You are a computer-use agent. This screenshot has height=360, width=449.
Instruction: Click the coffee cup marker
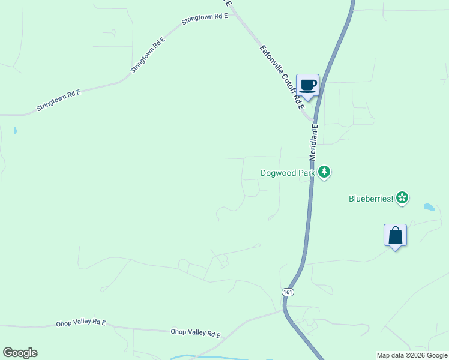tap(307, 86)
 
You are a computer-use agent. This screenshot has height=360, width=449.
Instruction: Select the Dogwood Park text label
tap(288, 173)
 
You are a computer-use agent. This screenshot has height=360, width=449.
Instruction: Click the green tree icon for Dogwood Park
tap(324, 173)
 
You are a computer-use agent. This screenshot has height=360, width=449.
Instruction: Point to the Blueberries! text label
tap(371, 198)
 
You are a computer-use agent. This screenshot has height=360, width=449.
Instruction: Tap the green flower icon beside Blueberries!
tap(402, 198)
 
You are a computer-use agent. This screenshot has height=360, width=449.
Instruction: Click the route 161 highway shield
tap(288, 292)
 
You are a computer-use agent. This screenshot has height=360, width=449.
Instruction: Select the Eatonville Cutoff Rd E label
tap(282, 77)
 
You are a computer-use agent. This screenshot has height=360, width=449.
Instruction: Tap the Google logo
tap(20, 353)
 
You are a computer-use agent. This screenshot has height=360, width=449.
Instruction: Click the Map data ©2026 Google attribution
tap(412, 355)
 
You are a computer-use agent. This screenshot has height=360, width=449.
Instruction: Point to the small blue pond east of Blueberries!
tap(429, 207)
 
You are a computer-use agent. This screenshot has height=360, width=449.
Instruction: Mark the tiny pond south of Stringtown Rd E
tap(14, 130)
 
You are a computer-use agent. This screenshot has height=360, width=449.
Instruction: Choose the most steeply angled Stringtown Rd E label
tap(147, 55)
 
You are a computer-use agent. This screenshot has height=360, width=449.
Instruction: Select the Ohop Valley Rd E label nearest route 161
tap(196, 332)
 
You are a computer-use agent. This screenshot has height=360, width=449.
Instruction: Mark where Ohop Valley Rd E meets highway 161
tap(285, 310)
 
